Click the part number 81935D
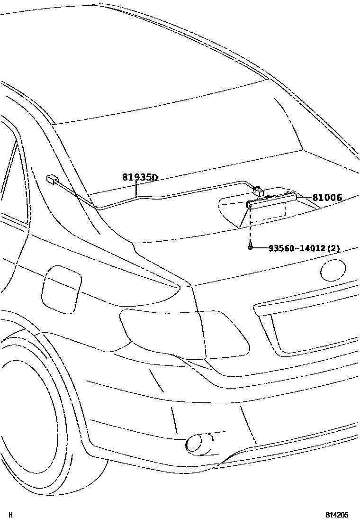pos(139,178)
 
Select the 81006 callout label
pos(327,198)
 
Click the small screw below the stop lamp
pos(250,247)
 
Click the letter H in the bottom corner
pos(11,515)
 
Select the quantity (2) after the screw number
pos(334,248)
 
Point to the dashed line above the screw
pos(250,227)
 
